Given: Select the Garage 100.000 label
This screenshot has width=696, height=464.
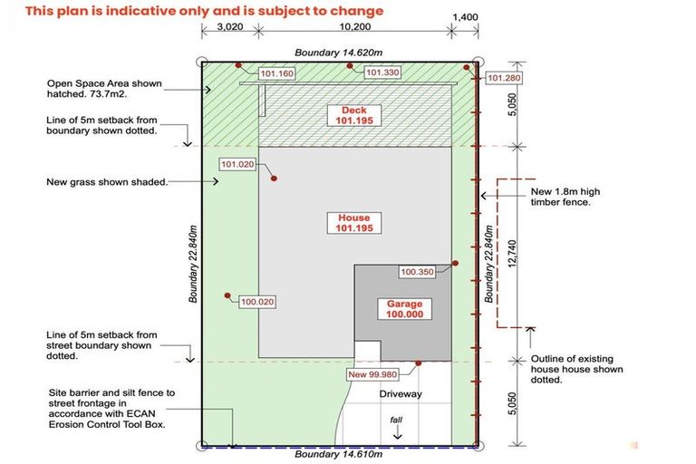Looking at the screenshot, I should pos(404,308).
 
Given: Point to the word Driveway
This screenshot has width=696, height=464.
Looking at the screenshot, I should pos(401,394).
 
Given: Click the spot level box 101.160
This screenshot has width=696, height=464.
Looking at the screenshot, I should pos(277,73).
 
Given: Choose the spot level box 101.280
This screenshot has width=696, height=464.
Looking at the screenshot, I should pos(505,78).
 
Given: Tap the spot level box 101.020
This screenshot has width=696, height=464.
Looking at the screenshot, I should pos(237,164).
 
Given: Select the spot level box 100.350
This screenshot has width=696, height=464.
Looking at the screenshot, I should pos(418,271).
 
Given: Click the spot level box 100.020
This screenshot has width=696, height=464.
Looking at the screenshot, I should pos(257,302).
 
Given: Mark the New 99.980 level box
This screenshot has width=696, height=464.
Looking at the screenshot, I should pos(371,374).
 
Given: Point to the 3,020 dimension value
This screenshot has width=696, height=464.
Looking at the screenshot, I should pos(230,27).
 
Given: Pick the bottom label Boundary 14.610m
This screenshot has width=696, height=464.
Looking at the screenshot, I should pos(339,455).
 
